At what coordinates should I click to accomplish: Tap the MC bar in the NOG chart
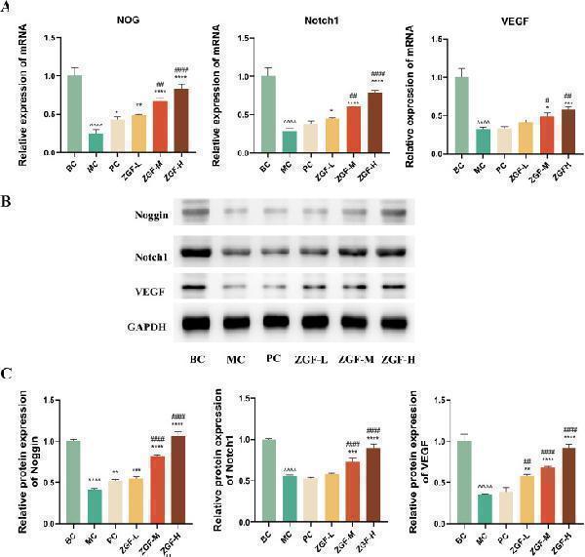96,142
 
